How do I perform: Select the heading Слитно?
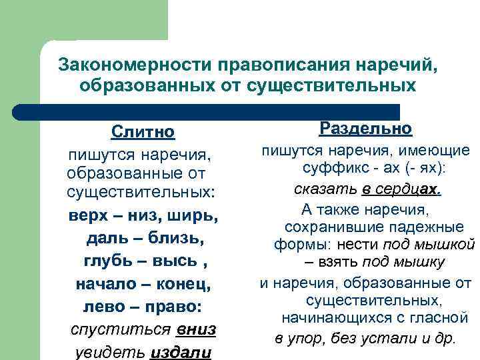[x=143, y=131]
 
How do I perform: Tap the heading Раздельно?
[x=365, y=128]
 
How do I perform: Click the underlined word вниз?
[x=196, y=330]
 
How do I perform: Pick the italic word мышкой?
[x=448, y=243]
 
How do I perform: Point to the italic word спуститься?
[x=123, y=330]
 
